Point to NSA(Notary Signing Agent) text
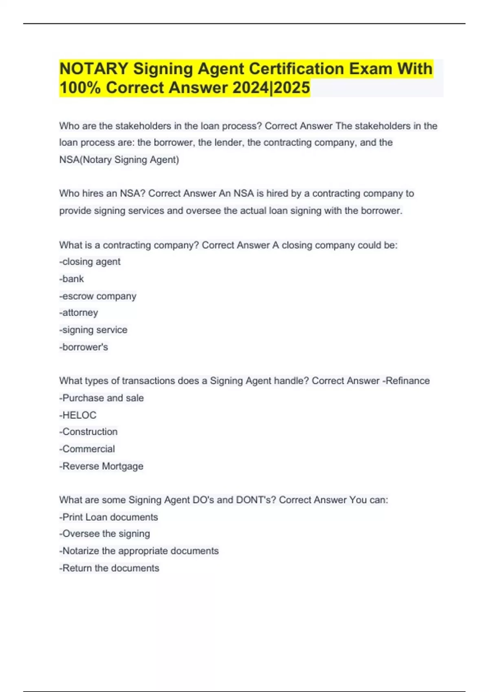119,160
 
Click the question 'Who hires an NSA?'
102,193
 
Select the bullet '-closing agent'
90,262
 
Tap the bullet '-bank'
72,279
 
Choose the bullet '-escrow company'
98,296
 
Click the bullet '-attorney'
79,313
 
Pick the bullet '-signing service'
93,330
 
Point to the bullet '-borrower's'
84,347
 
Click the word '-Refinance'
406,381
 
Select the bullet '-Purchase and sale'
101,398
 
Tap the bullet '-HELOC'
78,415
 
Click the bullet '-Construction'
88,431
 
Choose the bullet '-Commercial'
87,449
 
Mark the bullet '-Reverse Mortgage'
101,466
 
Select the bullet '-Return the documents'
109,568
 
